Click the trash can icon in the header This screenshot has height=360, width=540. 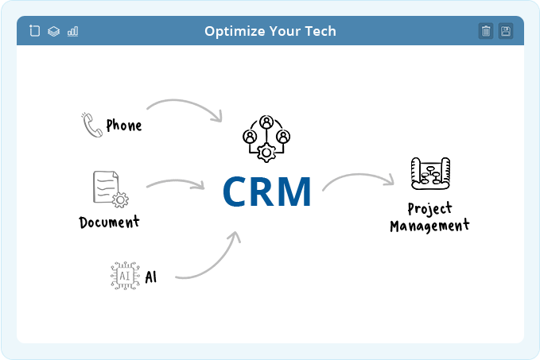(x=486, y=31)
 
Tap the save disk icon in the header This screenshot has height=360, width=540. (x=506, y=31)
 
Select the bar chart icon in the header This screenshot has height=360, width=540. (x=72, y=31)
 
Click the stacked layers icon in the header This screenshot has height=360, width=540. (x=54, y=31)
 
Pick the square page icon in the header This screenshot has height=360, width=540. (x=34, y=31)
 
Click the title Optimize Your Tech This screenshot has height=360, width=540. (x=270, y=31)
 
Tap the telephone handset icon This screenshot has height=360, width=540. (x=91, y=125)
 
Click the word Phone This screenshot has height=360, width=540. (x=124, y=126)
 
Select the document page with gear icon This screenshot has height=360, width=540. (x=111, y=189)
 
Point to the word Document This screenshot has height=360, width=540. (x=109, y=222)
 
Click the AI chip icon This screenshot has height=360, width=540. (x=125, y=276)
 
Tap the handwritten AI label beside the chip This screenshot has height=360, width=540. (x=151, y=277)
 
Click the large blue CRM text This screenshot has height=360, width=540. (x=267, y=192)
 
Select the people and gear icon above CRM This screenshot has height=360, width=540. (x=266, y=139)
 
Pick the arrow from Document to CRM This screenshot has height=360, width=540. (x=176, y=180)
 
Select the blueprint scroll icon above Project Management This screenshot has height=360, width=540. (x=430, y=173)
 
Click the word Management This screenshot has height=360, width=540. (x=429, y=226)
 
